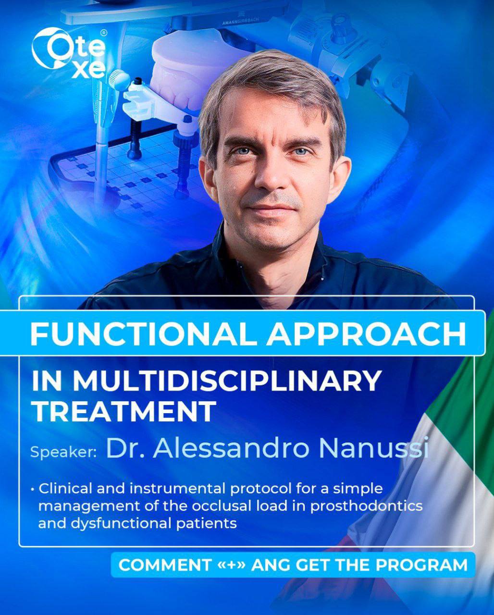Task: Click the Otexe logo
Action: pyautogui.click(x=69, y=53)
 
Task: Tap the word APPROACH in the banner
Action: pyautogui.click(x=366, y=332)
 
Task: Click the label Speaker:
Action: pyautogui.click(x=64, y=452)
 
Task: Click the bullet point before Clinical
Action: pyautogui.click(x=33, y=490)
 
